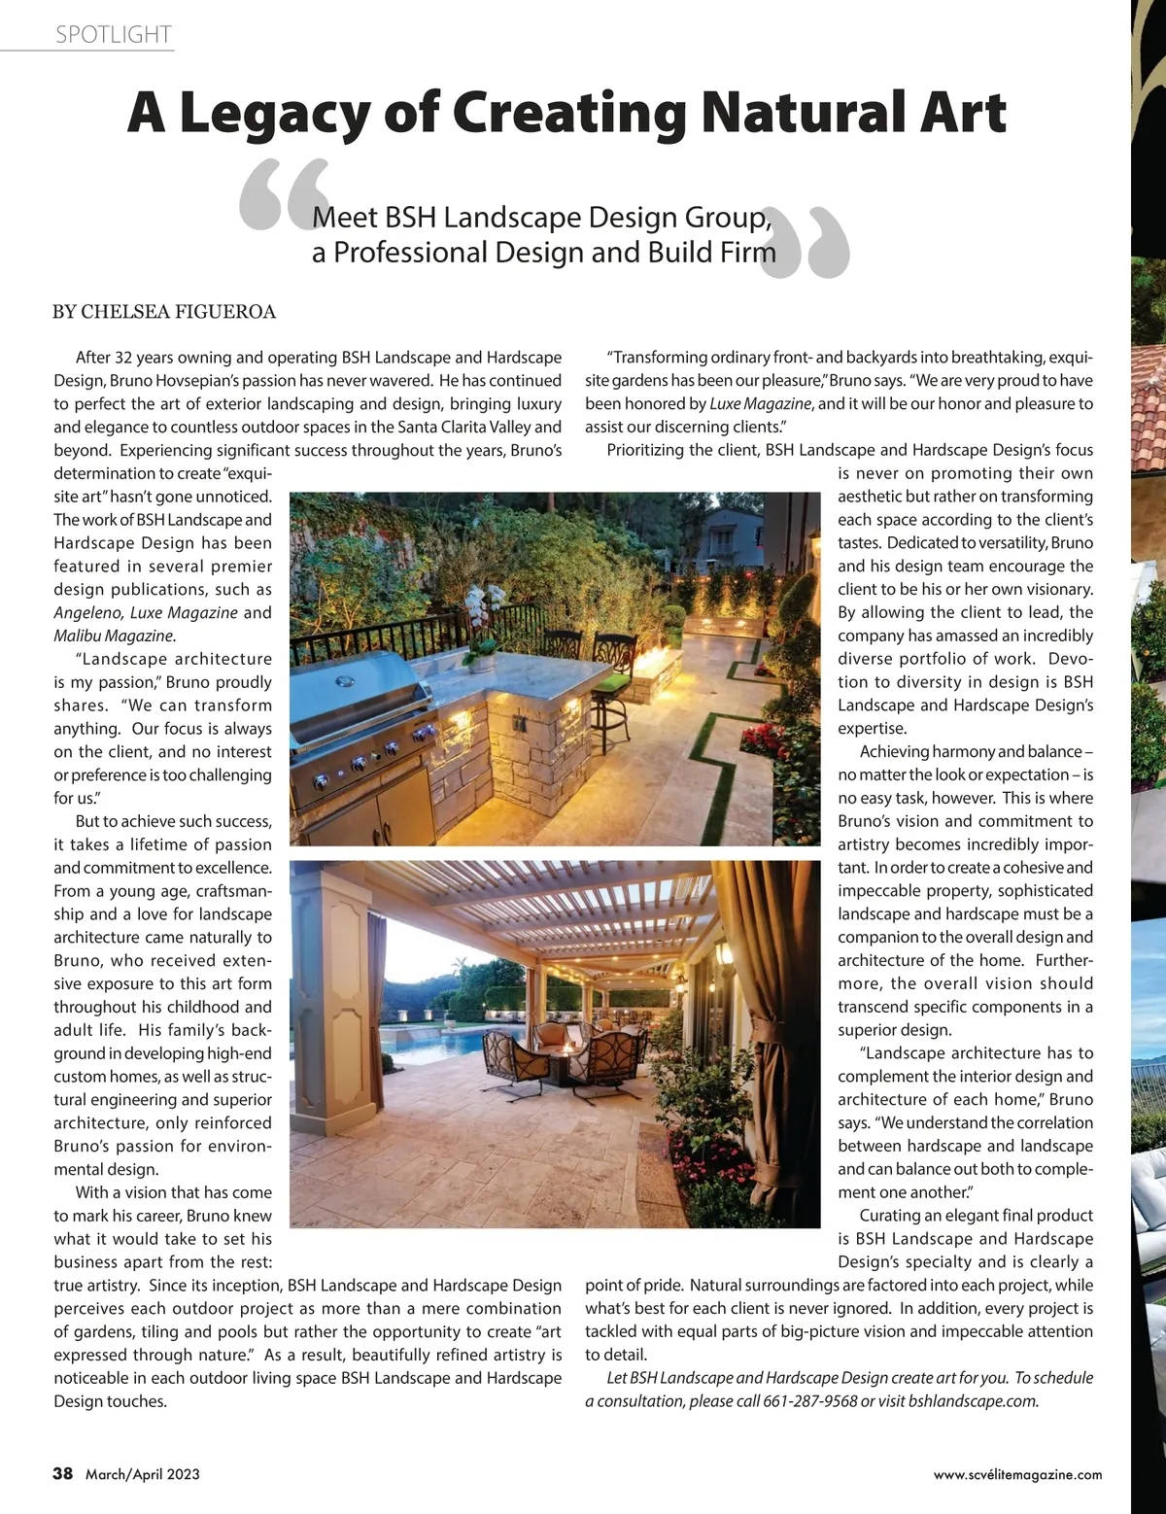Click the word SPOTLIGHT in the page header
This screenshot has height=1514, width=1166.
coord(114,35)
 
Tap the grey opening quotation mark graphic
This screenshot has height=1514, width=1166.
coord(282,194)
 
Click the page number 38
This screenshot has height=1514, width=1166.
coord(62,1473)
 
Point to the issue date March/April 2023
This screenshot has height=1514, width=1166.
coord(143,1474)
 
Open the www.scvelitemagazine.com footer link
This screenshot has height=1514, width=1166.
coord(1017,1474)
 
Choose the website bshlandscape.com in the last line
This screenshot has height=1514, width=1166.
coord(972,1401)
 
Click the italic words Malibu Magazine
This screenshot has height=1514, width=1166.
coord(114,636)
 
